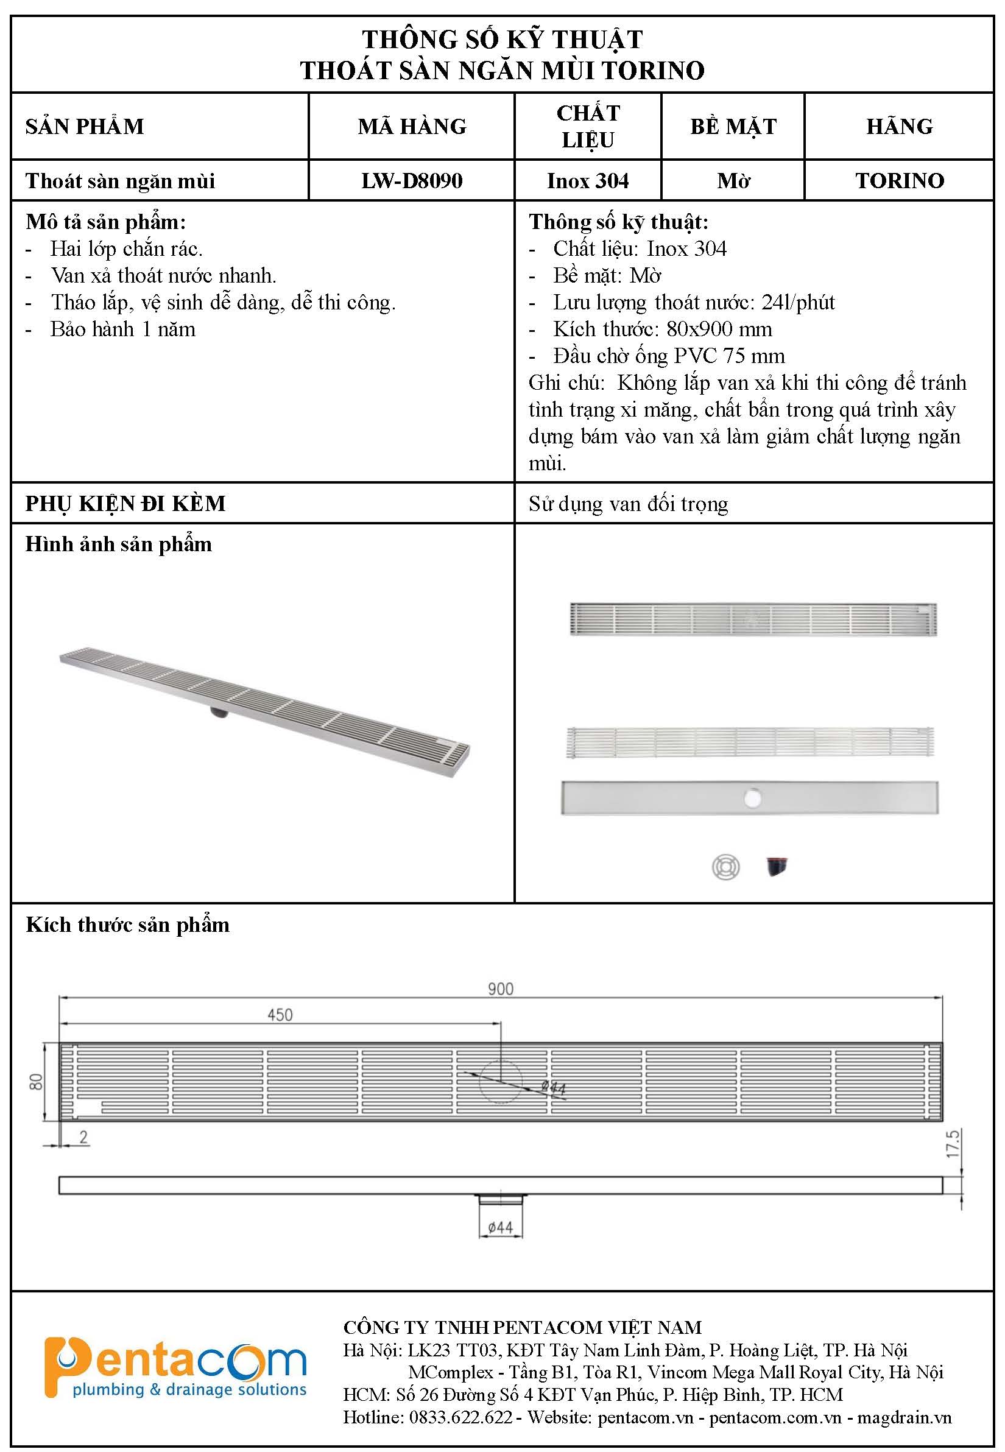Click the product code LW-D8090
click(x=412, y=181)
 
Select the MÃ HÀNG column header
click(x=412, y=127)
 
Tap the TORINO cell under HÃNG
click(x=899, y=181)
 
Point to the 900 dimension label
click(x=501, y=989)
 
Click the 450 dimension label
click(x=280, y=1015)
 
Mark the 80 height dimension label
click(x=37, y=1082)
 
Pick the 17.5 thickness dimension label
click(x=953, y=1143)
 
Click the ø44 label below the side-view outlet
click(x=501, y=1227)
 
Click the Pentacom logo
click(x=175, y=1367)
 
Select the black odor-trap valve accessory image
click(x=777, y=867)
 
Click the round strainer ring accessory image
click(x=725, y=867)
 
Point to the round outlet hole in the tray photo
click(x=752, y=798)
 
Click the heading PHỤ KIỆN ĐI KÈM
click(x=125, y=504)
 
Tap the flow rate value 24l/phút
click(x=798, y=303)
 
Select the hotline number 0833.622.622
click(x=460, y=1417)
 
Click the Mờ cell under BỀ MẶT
click(x=733, y=181)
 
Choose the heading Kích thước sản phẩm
click(x=128, y=925)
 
